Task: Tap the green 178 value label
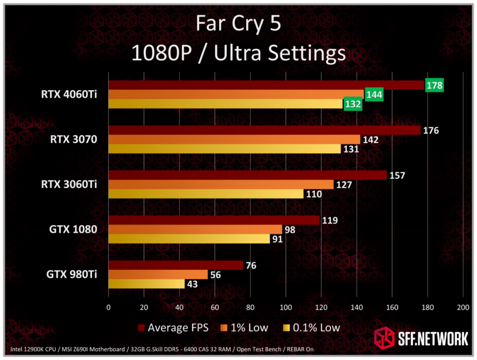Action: pos(434,85)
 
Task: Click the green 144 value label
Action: pos(374,94)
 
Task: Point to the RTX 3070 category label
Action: pos(74,140)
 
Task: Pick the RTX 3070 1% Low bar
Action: pos(234,140)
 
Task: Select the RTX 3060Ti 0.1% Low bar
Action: pos(206,194)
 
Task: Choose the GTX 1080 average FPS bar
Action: pos(214,220)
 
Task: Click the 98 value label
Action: pos(290,230)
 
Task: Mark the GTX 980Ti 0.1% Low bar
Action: pos(146,284)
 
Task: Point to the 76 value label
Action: pos(251,265)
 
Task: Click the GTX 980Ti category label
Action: pos(72,274)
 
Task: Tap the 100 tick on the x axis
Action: pos(286,307)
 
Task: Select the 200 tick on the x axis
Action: pos(463,307)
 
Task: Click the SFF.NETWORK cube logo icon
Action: pos(385,338)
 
